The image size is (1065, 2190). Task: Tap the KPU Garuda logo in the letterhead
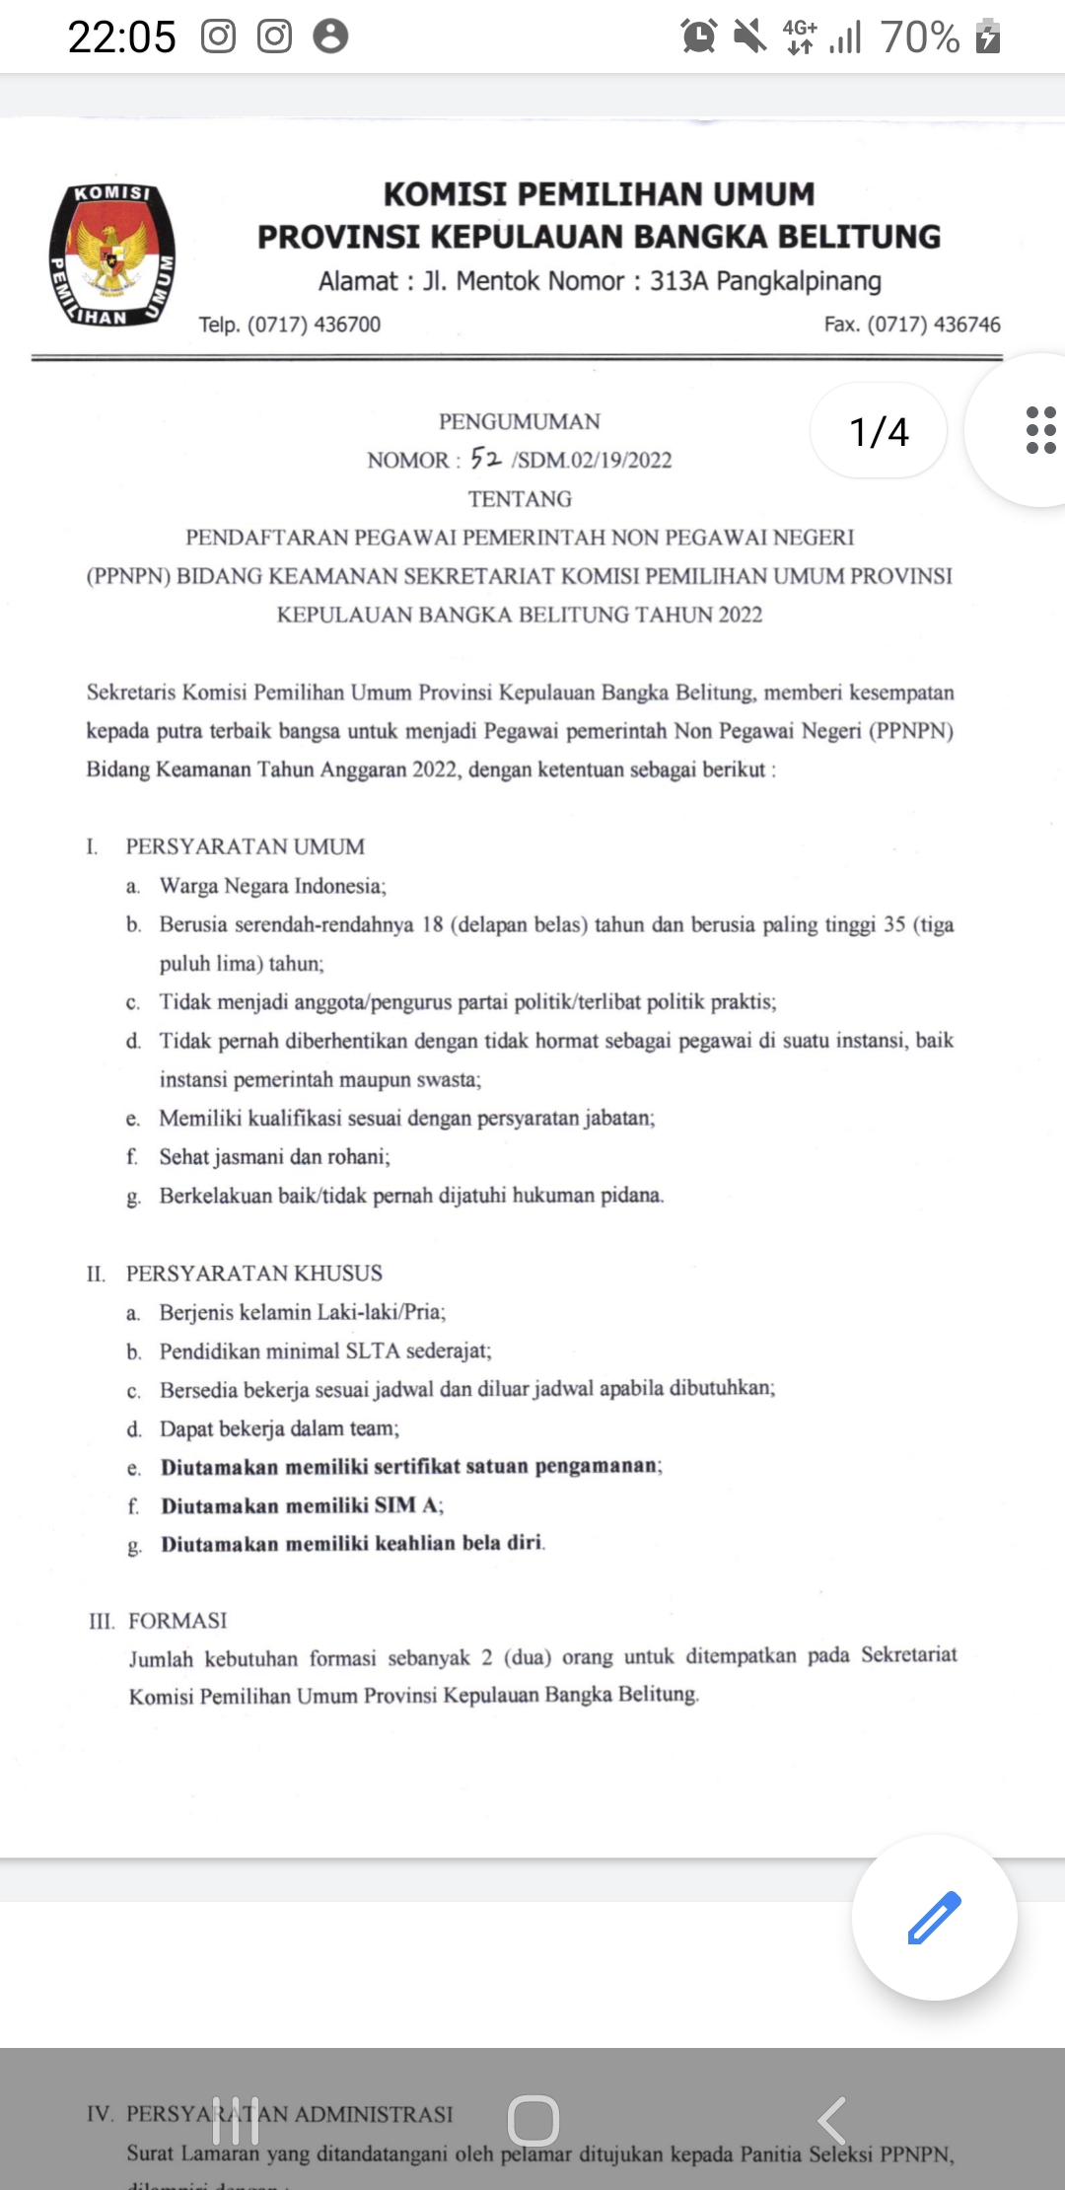[x=112, y=255]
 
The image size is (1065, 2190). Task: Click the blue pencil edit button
[x=934, y=1917]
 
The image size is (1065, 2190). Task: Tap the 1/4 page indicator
[x=879, y=431]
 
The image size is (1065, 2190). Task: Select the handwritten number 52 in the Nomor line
[x=486, y=458]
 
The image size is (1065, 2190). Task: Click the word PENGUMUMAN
[x=520, y=421]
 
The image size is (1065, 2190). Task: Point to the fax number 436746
[x=966, y=325]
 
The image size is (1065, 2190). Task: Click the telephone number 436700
[x=347, y=325]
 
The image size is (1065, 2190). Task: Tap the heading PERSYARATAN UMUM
[x=245, y=846]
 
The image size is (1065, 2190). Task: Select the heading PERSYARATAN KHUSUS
[x=253, y=1273]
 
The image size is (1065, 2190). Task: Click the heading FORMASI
[x=177, y=1621]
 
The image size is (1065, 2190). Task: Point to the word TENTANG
[x=520, y=499]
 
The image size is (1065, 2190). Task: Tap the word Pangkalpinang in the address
[x=799, y=281]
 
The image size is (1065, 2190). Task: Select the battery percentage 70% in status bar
[x=919, y=37]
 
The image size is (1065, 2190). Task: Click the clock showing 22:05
[x=121, y=37]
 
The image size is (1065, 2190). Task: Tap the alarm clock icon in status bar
[x=698, y=36]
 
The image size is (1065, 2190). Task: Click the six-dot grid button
[x=1040, y=430]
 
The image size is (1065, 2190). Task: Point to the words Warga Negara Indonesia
[x=272, y=886]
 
